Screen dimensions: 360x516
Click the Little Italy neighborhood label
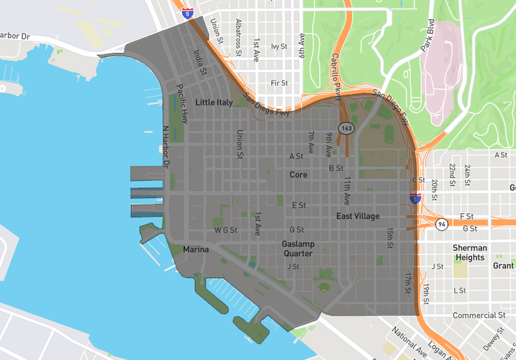214,103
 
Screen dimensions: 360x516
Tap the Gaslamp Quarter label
298,249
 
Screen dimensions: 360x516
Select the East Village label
358,216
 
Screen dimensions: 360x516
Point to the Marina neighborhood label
196,249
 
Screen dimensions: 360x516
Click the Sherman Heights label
470,253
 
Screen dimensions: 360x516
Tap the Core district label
298,175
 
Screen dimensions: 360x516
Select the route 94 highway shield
443,224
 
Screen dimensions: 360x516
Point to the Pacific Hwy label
184,109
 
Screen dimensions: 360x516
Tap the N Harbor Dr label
165,149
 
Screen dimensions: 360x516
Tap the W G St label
226,230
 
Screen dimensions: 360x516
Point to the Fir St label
279,83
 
